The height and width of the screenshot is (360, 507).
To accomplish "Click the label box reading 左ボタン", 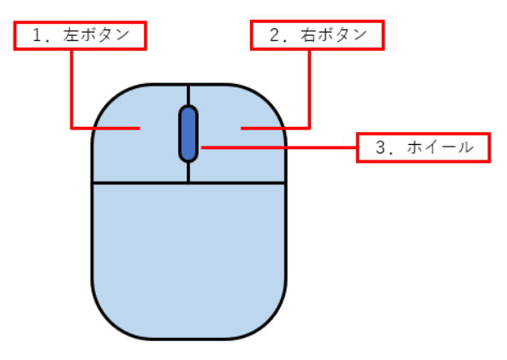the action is pyautogui.click(x=81, y=36).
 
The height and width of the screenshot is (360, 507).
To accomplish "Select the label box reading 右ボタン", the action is pyautogui.click(x=318, y=35).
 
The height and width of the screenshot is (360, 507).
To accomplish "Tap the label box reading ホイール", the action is pyautogui.click(x=424, y=147).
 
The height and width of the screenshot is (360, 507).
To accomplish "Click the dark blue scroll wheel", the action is pyautogui.click(x=188, y=134).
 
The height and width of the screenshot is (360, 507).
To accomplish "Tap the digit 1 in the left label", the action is pyautogui.click(x=38, y=35).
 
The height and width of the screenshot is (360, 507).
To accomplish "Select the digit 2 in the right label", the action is pyautogui.click(x=275, y=35).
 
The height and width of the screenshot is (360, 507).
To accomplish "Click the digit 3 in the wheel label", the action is pyautogui.click(x=380, y=147).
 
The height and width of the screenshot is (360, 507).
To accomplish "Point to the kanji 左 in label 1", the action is pyautogui.click(x=71, y=35).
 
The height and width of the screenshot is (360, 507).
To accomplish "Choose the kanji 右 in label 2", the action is pyautogui.click(x=307, y=35).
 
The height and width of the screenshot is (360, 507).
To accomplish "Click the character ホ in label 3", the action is pyautogui.click(x=415, y=147).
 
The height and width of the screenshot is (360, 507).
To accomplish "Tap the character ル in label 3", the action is pyautogui.click(x=465, y=147).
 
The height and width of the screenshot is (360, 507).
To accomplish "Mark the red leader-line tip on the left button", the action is pyautogui.click(x=140, y=129).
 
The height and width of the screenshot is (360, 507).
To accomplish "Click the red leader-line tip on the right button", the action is pyautogui.click(x=242, y=129).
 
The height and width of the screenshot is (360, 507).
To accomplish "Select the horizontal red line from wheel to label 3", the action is pyautogui.click(x=278, y=147).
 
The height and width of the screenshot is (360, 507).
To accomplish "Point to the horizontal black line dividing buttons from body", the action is pyautogui.click(x=189, y=183).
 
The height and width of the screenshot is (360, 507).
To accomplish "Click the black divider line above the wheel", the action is pyautogui.click(x=188, y=95).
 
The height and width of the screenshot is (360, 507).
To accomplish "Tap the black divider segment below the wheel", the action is pyautogui.click(x=188, y=172).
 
